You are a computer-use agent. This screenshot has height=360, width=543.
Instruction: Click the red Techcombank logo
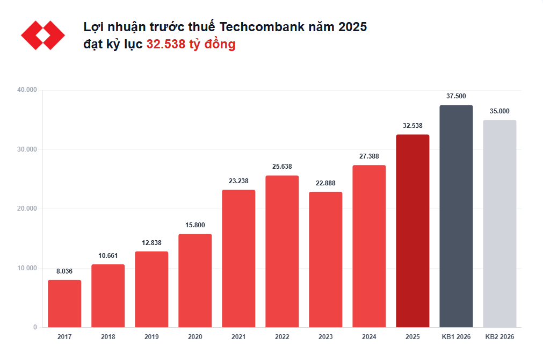[x=43, y=35]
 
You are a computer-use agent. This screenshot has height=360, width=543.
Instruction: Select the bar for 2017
[x=64, y=304]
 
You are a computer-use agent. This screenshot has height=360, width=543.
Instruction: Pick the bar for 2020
[x=195, y=280]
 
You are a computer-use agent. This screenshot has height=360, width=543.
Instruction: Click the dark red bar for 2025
[x=412, y=231]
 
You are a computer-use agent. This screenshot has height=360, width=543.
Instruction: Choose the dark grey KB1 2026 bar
[x=456, y=216]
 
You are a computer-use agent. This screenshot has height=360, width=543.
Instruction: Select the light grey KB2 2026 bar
[x=499, y=224]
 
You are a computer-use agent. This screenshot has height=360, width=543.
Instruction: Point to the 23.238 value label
[x=238, y=181]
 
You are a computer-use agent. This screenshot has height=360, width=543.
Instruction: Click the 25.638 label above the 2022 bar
[x=282, y=167]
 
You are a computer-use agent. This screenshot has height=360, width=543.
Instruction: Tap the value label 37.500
[x=456, y=96]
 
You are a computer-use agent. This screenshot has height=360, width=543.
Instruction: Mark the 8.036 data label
[x=64, y=271]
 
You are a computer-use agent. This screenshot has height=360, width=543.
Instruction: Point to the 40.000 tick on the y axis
[x=27, y=90]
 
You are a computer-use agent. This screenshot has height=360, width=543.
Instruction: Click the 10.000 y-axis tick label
[x=27, y=268]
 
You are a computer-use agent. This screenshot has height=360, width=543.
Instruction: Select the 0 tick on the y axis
[x=35, y=327]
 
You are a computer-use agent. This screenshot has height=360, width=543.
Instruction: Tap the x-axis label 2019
[x=151, y=337]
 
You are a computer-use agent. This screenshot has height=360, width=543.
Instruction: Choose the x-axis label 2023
[x=325, y=337]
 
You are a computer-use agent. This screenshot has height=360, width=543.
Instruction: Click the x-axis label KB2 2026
[x=499, y=337]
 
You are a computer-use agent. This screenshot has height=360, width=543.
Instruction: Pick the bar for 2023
[x=325, y=260]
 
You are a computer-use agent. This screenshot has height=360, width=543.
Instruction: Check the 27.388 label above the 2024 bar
[x=369, y=156]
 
